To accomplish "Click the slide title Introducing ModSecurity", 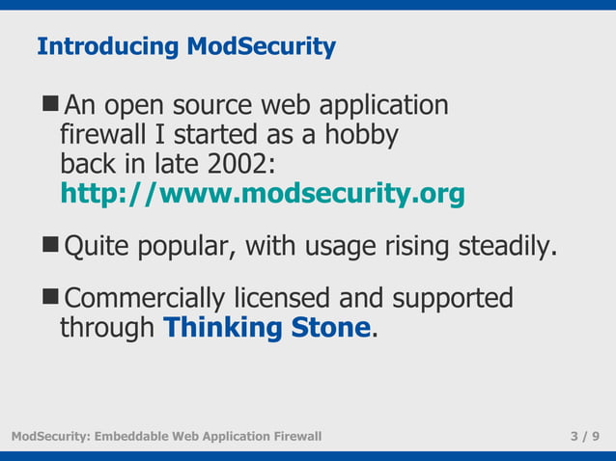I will (185, 46).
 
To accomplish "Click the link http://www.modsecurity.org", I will (262, 194).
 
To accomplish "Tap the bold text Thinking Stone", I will (266, 328).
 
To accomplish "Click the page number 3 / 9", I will (585, 437).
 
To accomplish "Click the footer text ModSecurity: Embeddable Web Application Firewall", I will (166, 437).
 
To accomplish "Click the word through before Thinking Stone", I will (107, 328).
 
